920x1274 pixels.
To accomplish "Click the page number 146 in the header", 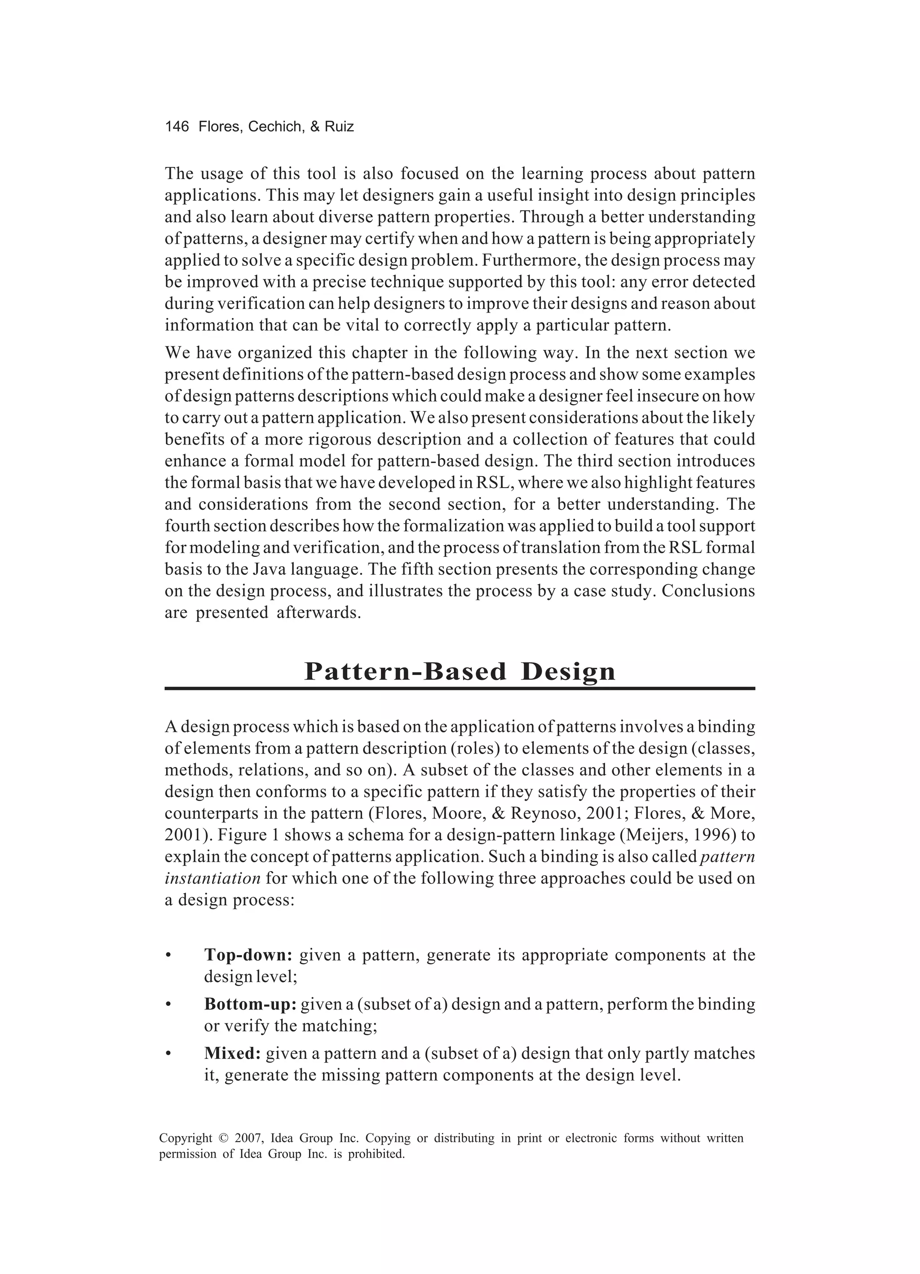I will [177, 127].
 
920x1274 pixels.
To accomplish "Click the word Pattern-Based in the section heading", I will [405, 672].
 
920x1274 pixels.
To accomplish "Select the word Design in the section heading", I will [568, 672].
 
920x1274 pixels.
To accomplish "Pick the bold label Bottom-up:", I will [250, 1005].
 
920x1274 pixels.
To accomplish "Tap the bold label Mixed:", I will [232, 1054].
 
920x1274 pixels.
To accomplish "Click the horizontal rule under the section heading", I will [460, 688].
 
